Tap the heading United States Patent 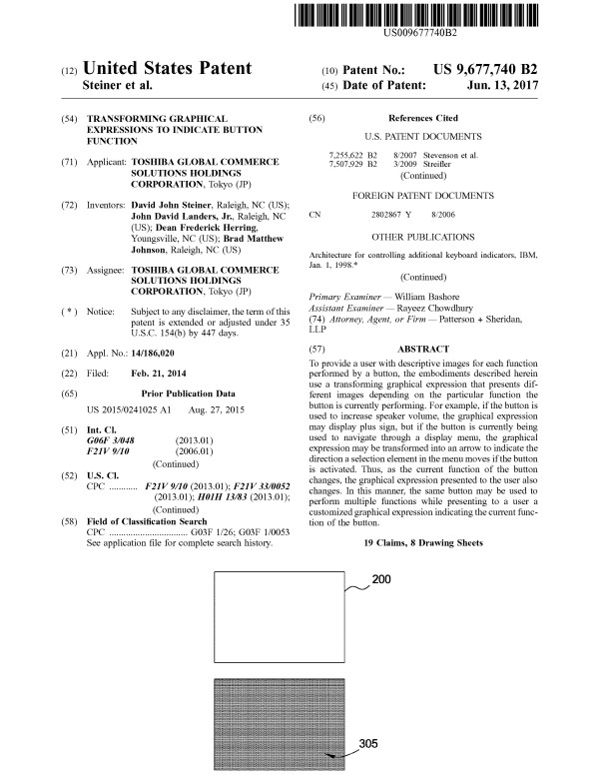coord(167,69)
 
